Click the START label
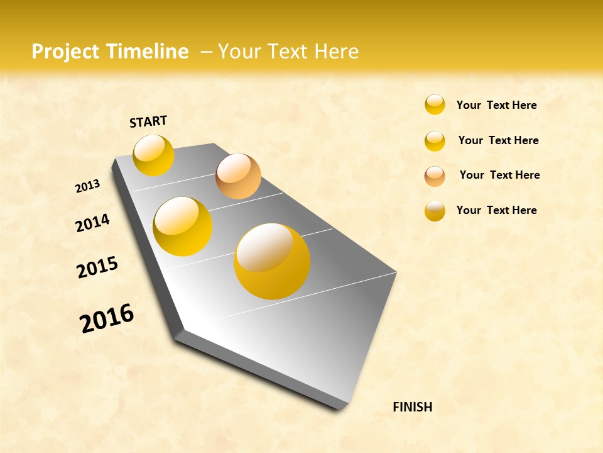pos(148,121)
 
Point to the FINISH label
pos(413,407)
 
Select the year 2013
pos(87,186)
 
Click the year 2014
pos(92,223)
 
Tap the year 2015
pos(97,267)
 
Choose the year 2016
pos(107,318)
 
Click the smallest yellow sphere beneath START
pos(153,155)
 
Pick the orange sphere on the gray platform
pos(238,176)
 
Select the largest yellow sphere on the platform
pos(272,261)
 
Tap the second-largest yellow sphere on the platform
pos(183,226)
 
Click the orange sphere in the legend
pos(435,176)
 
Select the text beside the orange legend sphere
pos(499,175)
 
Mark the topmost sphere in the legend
pos(435,104)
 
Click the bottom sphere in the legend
pos(435,211)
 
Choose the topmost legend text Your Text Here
pos(496,105)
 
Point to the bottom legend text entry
pos(496,210)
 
